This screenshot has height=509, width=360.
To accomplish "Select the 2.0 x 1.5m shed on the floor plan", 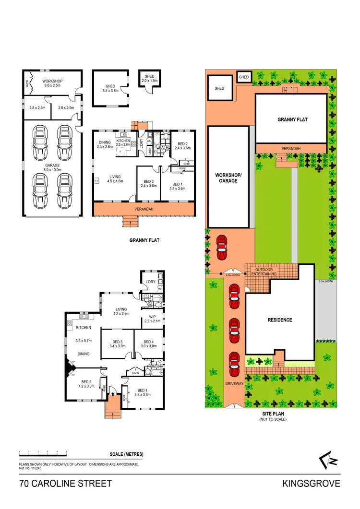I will [x=150, y=79].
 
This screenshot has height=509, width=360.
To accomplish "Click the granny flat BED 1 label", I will [x=177, y=187].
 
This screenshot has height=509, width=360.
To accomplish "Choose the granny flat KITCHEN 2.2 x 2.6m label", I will [x=123, y=142].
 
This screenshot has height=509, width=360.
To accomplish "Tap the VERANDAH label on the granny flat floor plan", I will [x=144, y=209].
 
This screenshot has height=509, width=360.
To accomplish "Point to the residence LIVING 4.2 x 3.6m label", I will [x=121, y=311].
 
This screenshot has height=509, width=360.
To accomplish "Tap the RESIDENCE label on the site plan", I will [x=280, y=320].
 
